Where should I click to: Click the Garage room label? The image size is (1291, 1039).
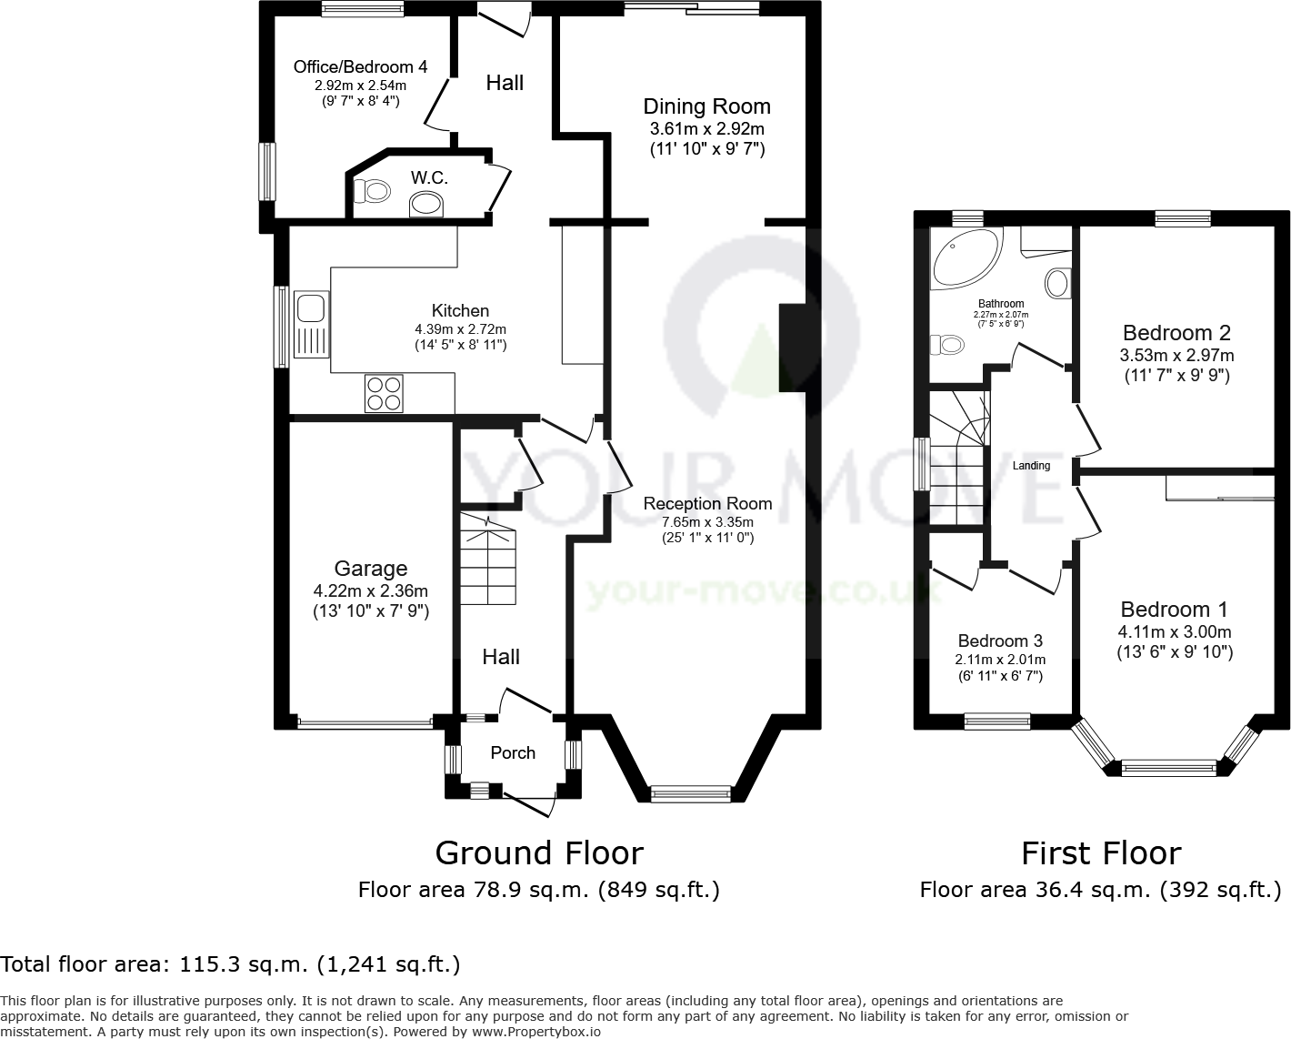click(370, 570)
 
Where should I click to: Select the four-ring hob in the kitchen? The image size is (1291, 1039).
click(384, 393)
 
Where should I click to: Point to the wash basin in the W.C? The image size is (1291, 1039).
click(427, 204)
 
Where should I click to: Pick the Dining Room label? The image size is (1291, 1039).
click(706, 106)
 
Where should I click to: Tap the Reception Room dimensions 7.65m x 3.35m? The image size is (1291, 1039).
click(707, 522)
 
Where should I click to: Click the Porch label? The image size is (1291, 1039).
click(513, 752)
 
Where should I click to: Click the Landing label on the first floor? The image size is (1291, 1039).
click(1031, 466)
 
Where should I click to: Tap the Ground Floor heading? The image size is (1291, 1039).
click(539, 853)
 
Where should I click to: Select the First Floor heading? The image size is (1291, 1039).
click(1100, 853)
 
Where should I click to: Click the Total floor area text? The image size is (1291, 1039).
click(230, 964)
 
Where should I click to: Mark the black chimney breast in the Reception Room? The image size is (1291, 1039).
click(792, 348)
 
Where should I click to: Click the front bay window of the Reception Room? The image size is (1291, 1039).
click(691, 793)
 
